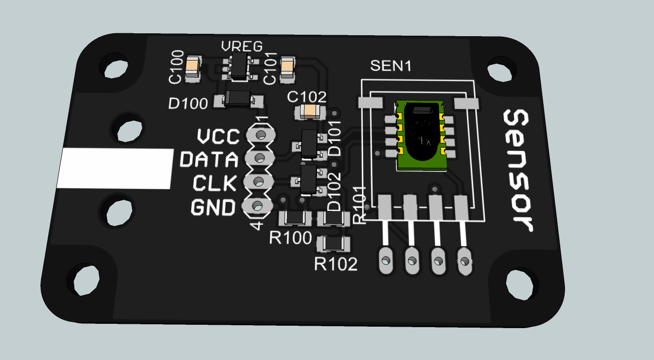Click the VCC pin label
point(218,137)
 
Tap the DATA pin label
point(209,160)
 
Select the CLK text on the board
point(214,183)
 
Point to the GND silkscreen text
point(213,208)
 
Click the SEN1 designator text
point(390,66)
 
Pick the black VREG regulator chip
point(238,66)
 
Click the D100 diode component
point(238,99)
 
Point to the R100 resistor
point(295,218)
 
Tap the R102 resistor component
point(334,244)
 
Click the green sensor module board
point(422,136)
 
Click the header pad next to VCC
point(260,135)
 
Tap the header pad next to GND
point(257,206)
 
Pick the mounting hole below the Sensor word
point(519,284)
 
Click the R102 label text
point(336,263)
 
